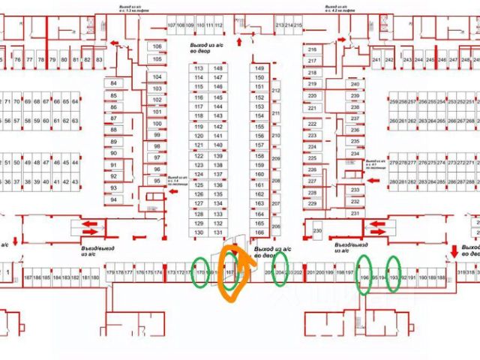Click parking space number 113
point(199,68)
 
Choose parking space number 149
point(259,68)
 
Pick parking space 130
point(199,233)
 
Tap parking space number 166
point(259,233)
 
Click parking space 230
point(317,230)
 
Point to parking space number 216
point(312,50)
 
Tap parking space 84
point(114,82)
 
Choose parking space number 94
point(114,199)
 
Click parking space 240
point(355,84)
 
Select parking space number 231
point(355,214)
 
